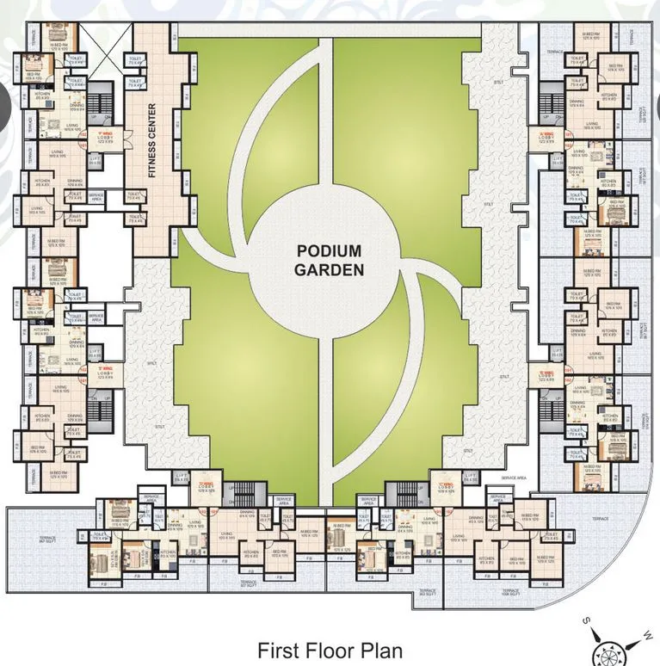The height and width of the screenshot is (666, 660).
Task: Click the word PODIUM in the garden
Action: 330,250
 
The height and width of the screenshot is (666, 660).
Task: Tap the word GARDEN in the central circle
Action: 330,268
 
